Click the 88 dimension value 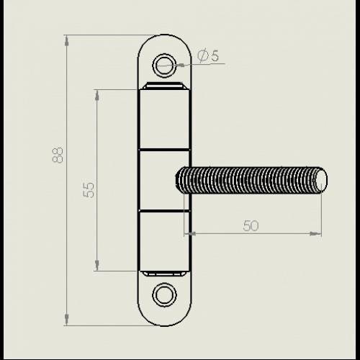click(58, 155)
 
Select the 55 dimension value click(89, 190)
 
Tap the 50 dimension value click(251, 225)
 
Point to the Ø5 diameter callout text click(208, 55)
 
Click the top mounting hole click(164, 66)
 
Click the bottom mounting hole click(165, 294)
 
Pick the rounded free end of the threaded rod click(321, 180)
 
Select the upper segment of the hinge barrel click(164, 119)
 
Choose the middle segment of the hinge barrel click(164, 181)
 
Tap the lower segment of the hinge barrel click(164, 241)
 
